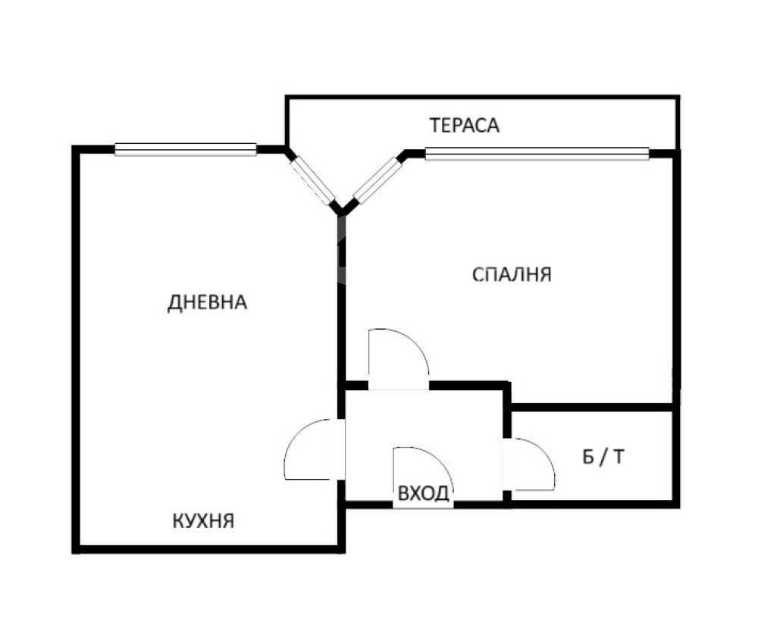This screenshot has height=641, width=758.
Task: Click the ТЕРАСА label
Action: click(x=464, y=125)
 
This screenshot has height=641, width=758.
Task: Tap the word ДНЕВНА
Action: click(x=207, y=302)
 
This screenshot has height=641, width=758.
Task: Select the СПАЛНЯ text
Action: click(x=512, y=274)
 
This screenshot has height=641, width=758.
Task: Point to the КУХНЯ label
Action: click(x=203, y=521)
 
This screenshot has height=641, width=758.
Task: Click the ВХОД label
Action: click(x=424, y=493)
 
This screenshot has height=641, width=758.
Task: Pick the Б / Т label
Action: click(x=603, y=456)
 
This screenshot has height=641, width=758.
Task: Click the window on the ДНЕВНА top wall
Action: click(x=186, y=149)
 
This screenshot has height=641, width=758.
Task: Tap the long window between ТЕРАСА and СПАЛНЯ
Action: click(x=537, y=153)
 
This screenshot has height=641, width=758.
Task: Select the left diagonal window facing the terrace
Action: click(x=313, y=180)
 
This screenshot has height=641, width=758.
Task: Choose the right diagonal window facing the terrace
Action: click(x=377, y=180)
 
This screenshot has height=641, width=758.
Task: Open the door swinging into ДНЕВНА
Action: click(x=295, y=437)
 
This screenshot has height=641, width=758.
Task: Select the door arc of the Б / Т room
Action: click(x=545, y=454)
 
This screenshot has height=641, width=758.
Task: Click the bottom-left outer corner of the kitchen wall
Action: click(x=73, y=553)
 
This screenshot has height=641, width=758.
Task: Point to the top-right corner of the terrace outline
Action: click(x=679, y=95)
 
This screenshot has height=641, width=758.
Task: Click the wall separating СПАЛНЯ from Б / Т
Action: click(x=592, y=407)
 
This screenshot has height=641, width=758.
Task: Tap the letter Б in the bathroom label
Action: click(x=588, y=456)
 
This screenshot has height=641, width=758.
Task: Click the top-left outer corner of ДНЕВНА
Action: click(x=73, y=146)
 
